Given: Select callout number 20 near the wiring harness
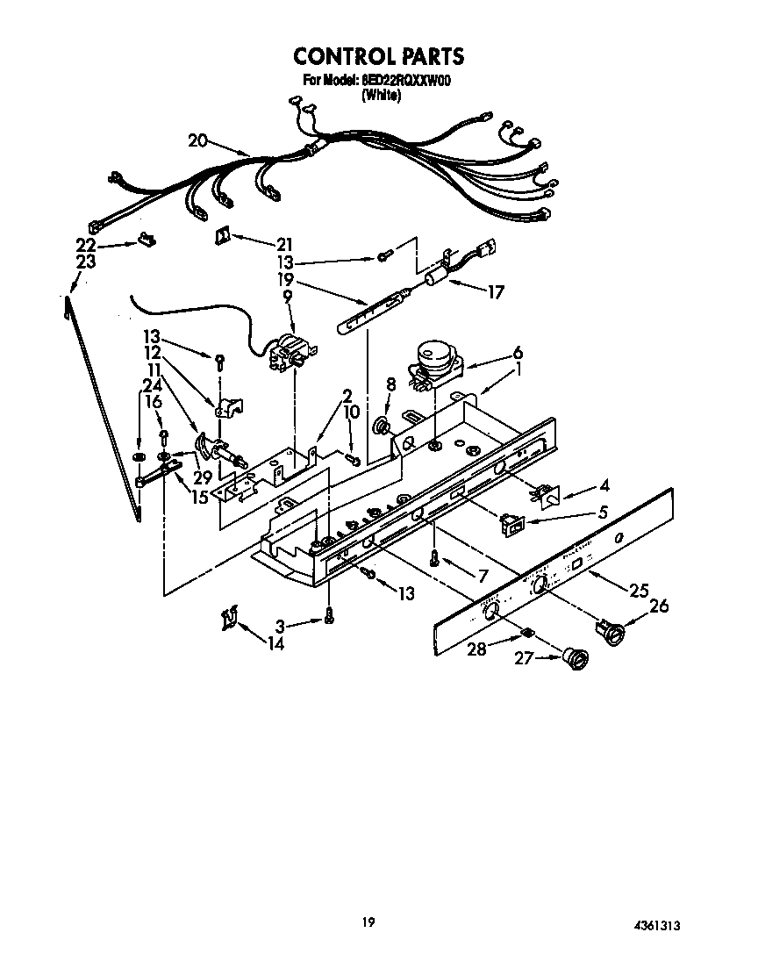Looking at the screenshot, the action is coord(198,140).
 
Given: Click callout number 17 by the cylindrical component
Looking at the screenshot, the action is coord(496,292).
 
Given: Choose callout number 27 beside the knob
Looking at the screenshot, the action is coord(525,657).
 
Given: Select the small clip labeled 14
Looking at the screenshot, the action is coord(230,619).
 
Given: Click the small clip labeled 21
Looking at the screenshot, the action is coord(223,235).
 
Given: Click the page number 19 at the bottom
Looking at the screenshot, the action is coord(368,922).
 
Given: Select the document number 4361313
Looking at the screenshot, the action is coord(657,926).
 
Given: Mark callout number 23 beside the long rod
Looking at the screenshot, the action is coord(85,262).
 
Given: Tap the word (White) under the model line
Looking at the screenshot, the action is coord(381,97).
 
